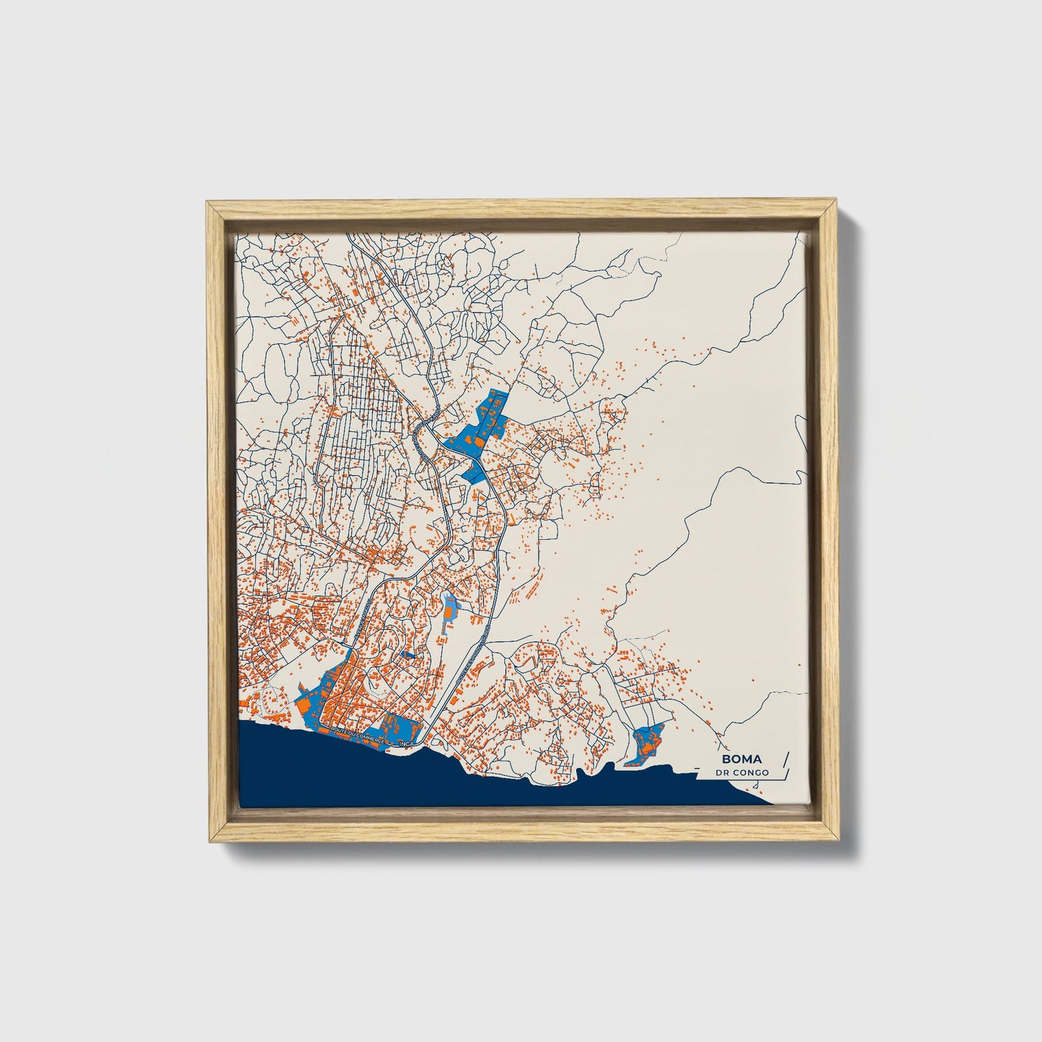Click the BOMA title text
pyautogui.click(x=741, y=759)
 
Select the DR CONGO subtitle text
pyautogui.click(x=742, y=773)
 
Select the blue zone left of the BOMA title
pyautogui.click(x=645, y=745)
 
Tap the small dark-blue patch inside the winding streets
pyautogui.click(x=408, y=655)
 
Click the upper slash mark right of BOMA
pyautogui.click(x=785, y=758)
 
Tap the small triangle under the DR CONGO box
pyautogui.click(x=756, y=785)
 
